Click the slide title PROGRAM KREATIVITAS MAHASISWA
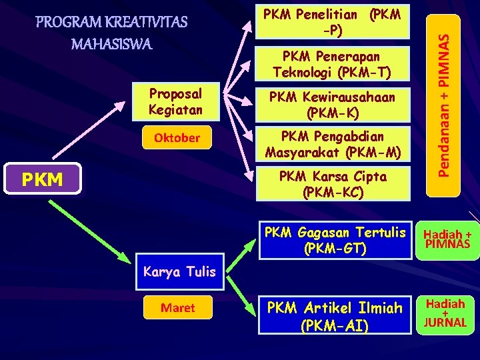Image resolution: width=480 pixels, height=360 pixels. tap(112, 33)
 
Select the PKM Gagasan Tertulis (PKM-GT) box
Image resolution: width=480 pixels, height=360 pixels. tap(334, 241)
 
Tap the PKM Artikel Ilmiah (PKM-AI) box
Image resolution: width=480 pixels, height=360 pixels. tap(334, 316)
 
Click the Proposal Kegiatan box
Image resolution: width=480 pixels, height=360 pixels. tap(175, 100)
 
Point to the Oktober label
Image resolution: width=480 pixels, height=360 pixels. tap(177, 138)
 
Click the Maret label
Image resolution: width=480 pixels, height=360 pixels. tap(178, 307)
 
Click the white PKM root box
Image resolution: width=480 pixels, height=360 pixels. tap(43, 179)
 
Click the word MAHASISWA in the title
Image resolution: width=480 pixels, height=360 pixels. tap(112, 45)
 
